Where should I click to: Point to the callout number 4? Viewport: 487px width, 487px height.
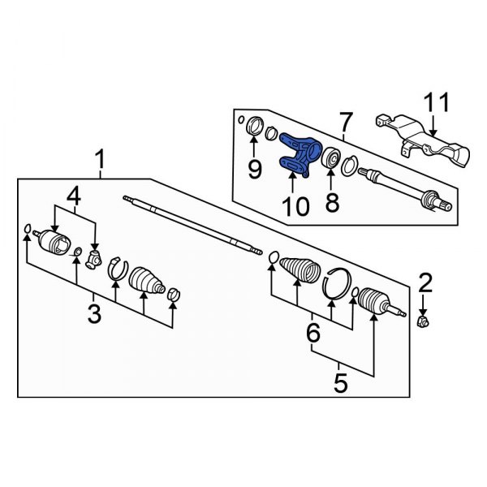point(74,195)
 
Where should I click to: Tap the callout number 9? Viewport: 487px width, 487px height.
point(254,170)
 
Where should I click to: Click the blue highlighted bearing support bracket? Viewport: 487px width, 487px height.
point(298,154)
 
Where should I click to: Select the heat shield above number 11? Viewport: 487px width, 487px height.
point(422,146)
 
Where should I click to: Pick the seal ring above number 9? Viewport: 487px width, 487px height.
point(253,127)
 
